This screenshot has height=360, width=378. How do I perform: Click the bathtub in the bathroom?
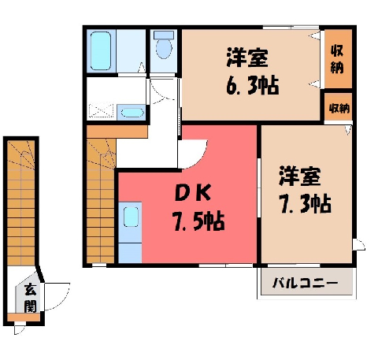[101, 51]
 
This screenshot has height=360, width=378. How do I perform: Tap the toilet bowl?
[164, 45]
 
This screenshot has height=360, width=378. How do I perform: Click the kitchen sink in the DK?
[131, 217]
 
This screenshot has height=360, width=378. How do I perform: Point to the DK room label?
[194, 193]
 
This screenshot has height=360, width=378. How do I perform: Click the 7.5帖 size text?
[198, 222]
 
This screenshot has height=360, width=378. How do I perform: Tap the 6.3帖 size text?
[253, 85]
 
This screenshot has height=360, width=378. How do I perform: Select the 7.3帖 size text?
[305, 203]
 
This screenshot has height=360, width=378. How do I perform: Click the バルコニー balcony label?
[305, 284]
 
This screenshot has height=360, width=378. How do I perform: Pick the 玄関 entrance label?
[30, 298]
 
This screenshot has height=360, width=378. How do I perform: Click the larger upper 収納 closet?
[337, 59]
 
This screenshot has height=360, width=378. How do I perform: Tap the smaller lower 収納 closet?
[339, 107]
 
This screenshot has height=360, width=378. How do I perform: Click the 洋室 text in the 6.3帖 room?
[247, 58]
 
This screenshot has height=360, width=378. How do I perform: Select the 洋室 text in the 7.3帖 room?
[300, 176]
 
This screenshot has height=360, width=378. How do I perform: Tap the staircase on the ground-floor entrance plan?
[20, 202]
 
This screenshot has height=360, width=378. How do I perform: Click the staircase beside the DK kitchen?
[101, 201]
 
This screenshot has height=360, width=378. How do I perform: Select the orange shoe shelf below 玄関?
[24, 317]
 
